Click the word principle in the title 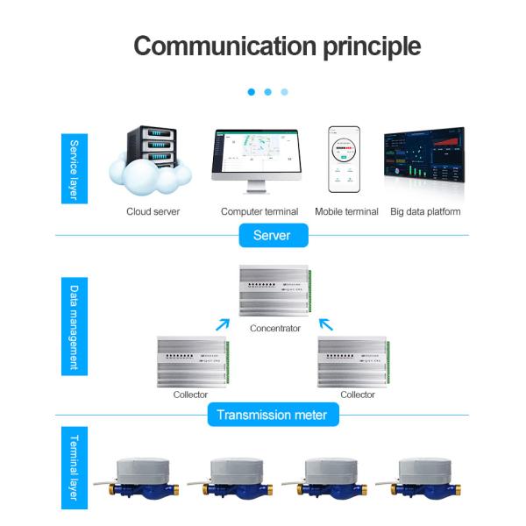pyautogui.click(x=359, y=46)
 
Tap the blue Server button pyautogui.click(x=271, y=235)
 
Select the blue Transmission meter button pyautogui.click(x=272, y=415)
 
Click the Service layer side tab pyautogui.click(x=75, y=169)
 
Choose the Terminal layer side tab pyautogui.click(x=75, y=468)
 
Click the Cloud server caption pyautogui.click(x=153, y=211)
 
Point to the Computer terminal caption pyautogui.click(x=259, y=211)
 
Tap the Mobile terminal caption pyautogui.click(x=346, y=211)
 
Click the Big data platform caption pyautogui.click(x=425, y=211)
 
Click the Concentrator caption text pyautogui.click(x=275, y=329)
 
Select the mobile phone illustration pyautogui.click(x=345, y=159)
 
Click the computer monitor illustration pyautogui.click(x=256, y=161)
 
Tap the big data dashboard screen pyautogui.click(x=424, y=159)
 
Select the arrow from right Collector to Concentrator pyautogui.click(x=326, y=324)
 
